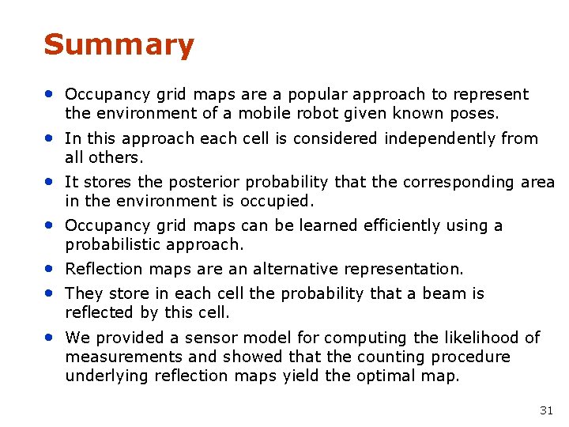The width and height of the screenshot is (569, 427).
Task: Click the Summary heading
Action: click(x=119, y=45)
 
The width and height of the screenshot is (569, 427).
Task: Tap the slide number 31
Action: click(x=546, y=410)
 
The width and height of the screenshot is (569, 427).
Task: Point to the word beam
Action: click(x=447, y=293)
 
